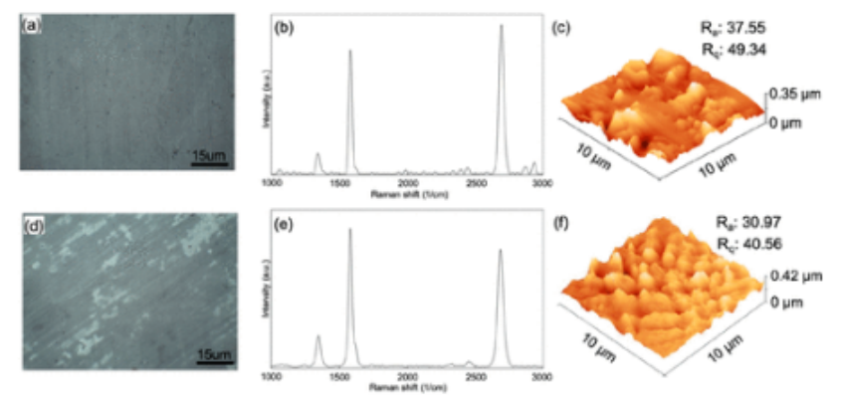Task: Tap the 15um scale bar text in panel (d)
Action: coord(211,354)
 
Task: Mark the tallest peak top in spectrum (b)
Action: coord(501,26)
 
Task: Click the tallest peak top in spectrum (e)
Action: coord(349,230)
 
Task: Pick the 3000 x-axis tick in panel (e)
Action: coord(540,378)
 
